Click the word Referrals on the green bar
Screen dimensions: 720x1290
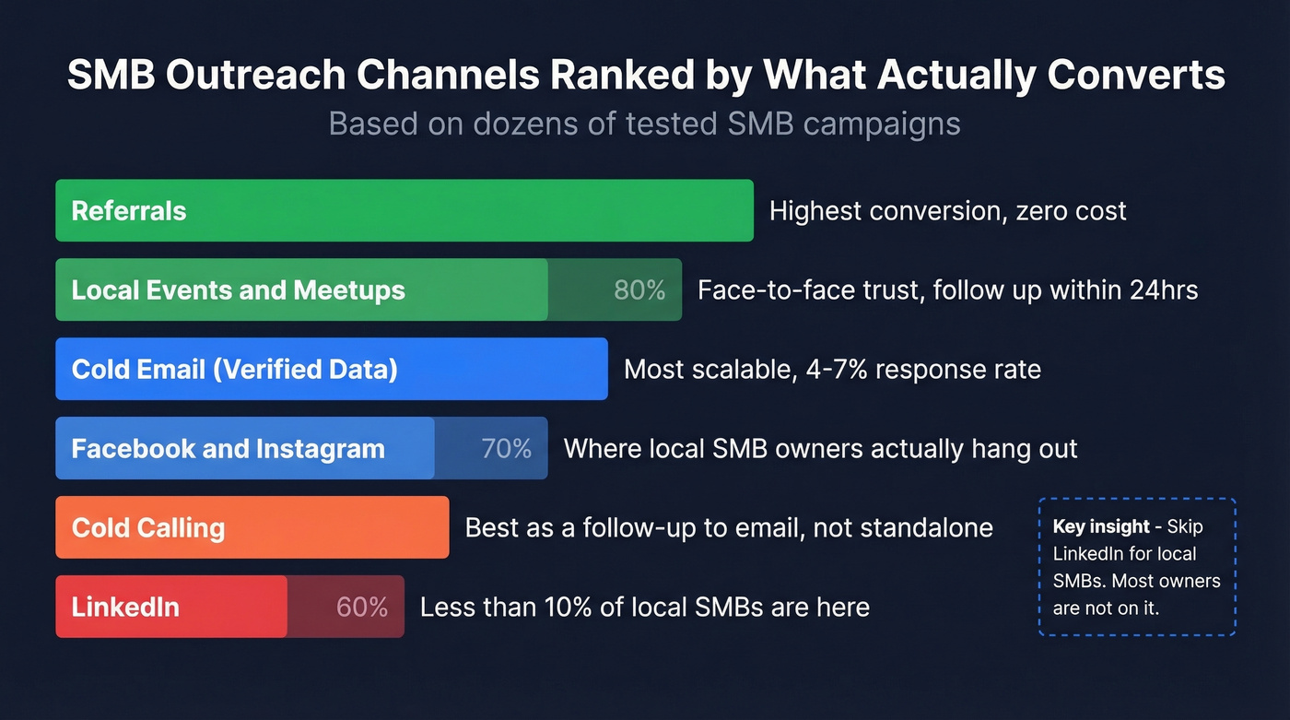pos(129,211)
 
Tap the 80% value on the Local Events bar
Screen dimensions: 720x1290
pos(639,290)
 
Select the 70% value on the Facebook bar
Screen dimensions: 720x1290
pos(506,449)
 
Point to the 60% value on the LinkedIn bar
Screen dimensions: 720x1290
pos(362,607)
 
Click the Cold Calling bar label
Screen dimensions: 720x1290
pos(148,528)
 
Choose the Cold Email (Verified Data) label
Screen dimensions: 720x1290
pos(235,370)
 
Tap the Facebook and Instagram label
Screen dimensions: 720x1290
pos(229,449)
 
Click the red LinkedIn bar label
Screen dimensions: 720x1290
pos(125,608)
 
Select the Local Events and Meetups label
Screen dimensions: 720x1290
pos(239,290)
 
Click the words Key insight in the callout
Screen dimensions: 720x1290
pos(1101,526)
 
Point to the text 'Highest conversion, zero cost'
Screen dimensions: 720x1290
pos(947,211)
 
